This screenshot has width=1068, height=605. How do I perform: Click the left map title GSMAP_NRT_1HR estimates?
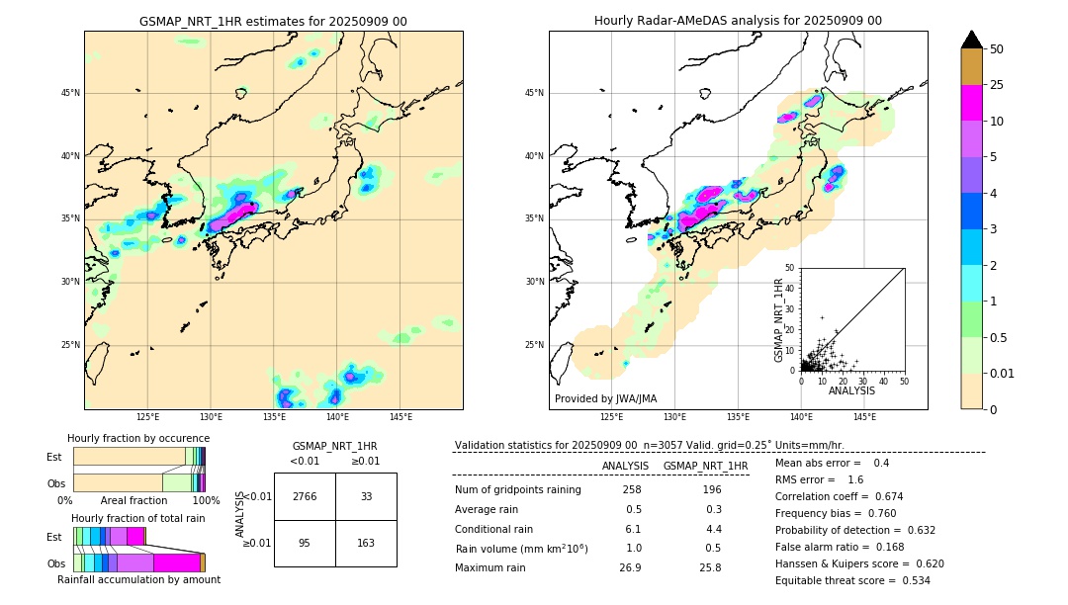[x=273, y=21]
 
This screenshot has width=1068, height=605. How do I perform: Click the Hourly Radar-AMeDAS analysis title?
[x=738, y=21]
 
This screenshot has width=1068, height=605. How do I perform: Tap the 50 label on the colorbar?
[x=997, y=49]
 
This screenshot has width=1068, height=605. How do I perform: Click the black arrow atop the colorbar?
[x=972, y=40]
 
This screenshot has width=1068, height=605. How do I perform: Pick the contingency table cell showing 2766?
[x=305, y=496]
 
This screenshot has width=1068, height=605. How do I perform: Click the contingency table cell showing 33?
[x=366, y=496]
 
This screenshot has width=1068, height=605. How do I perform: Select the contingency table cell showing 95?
[x=305, y=543]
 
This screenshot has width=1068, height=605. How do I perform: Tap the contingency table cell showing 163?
[x=366, y=543]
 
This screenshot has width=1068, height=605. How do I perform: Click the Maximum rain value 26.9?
[x=630, y=567]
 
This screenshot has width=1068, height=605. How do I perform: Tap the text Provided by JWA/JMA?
[x=605, y=399]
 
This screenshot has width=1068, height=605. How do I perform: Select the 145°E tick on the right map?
[x=864, y=418]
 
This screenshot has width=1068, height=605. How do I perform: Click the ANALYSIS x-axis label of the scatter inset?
[x=852, y=390]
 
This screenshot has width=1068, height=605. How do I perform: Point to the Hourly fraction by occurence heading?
[x=138, y=438]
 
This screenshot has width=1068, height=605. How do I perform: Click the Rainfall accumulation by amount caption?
[x=138, y=579]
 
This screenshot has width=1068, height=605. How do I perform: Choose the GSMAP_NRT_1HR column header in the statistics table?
[x=705, y=466]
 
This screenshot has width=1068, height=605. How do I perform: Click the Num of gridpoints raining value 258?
[x=632, y=489]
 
